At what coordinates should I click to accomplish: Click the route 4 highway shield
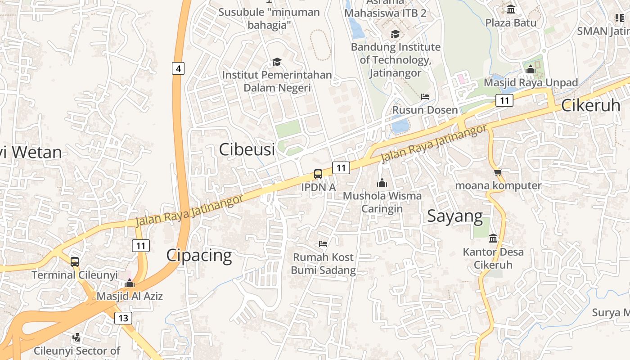[178, 69]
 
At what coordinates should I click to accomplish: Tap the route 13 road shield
[123, 318]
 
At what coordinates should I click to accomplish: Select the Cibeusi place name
[247, 149]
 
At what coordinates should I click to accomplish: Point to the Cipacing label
[199, 255]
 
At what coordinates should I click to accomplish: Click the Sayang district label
[454, 216]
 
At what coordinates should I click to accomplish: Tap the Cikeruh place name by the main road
[590, 105]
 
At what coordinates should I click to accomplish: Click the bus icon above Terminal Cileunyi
[75, 261]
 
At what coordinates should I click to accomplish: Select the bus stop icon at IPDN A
[318, 174]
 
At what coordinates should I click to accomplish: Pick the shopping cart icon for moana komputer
[498, 172]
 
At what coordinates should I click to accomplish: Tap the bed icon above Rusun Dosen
[425, 97]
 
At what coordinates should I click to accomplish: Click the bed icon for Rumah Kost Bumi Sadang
[323, 244]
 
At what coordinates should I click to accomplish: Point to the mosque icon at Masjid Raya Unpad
[530, 69]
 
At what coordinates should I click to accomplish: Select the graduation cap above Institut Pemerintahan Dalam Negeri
[276, 62]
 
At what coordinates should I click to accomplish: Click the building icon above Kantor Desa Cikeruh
[493, 238]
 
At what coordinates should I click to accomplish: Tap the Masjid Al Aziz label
[130, 296]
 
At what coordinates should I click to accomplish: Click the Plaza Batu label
[511, 22]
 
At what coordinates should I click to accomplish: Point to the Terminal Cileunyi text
[75, 275]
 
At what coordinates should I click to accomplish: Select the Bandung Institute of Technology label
[396, 59]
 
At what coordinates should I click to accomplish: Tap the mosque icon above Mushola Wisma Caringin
[382, 183]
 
